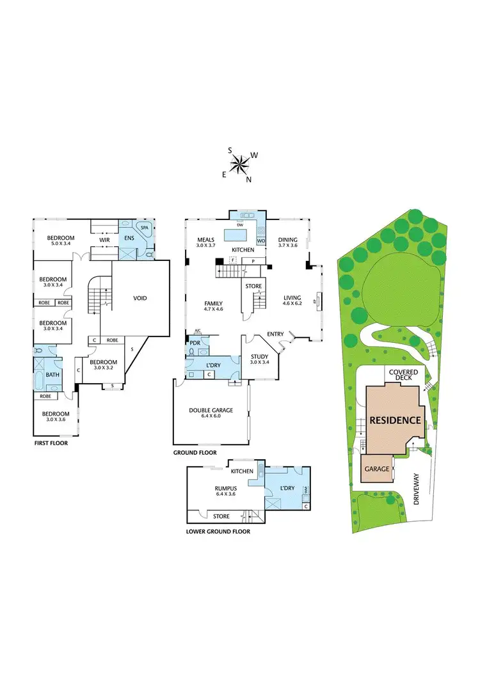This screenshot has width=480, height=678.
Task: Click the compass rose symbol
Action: click(x=241, y=164)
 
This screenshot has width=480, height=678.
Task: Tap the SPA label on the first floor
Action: click(x=145, y=228)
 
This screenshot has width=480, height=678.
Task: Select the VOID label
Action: click(x=141, y=298)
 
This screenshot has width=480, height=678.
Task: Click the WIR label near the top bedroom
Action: click(x=104, y=240)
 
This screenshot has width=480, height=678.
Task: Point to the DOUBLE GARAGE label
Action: click(x=211, y=411)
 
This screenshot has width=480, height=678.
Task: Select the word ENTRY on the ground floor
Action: click(x=276, y=334)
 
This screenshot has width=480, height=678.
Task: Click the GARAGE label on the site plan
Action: click(x=378, y=469)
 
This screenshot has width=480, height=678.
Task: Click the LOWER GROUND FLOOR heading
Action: click(x=218, y=531)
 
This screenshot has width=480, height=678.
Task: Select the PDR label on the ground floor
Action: click(x=195, y=342)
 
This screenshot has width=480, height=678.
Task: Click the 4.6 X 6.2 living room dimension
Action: click(x=295, y=304)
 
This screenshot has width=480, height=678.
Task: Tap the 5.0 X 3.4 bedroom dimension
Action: click(x=61, y=244)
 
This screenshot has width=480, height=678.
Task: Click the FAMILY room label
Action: click(x=213, y=303)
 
